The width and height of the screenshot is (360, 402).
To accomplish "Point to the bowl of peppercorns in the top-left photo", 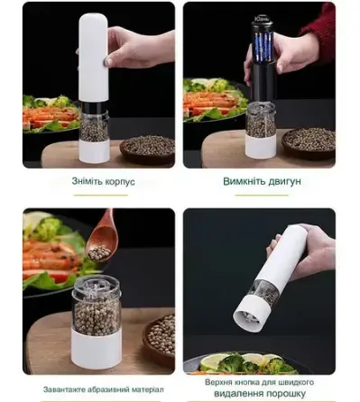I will click(147, 147).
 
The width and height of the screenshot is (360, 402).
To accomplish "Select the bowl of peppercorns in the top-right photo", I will click(309, 140).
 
